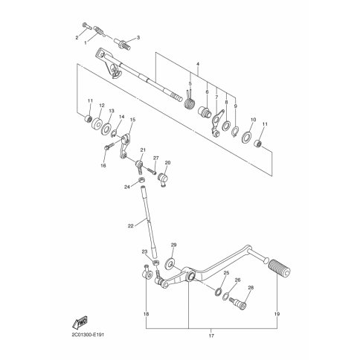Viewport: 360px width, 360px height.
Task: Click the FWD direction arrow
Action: pos(80,321)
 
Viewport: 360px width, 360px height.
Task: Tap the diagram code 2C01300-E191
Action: pos(88,335)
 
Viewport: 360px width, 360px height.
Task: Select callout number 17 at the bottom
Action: pos(211,335)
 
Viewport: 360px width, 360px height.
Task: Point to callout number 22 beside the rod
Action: pos(131,226)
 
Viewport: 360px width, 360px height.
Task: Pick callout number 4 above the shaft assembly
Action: pos(198,64)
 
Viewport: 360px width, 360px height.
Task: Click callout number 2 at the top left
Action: pos(77,38)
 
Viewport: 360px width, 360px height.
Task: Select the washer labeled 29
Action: pos(170,263)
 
